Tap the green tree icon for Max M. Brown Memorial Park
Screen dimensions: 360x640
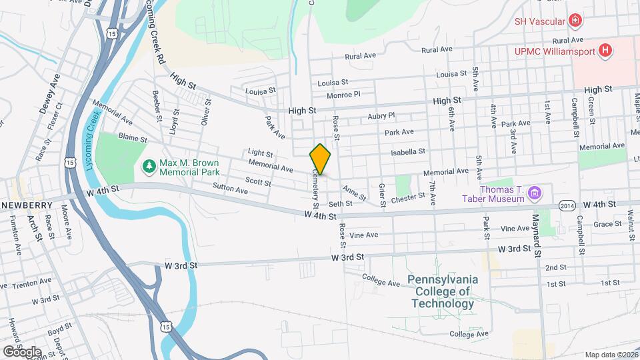(149, 165)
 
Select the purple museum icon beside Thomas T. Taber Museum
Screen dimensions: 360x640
(533, 194)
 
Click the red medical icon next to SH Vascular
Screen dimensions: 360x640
(575, 21)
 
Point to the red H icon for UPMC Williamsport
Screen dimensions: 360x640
(605, 51)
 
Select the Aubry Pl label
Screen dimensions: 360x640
(381, 116)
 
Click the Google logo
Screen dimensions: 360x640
(21, 351)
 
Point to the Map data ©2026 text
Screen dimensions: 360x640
(610, 355)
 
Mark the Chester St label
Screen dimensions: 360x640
(408, 198)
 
